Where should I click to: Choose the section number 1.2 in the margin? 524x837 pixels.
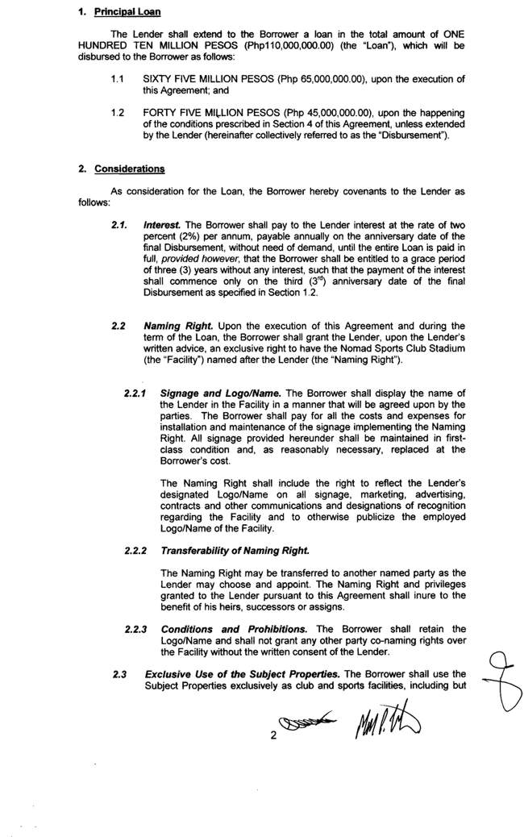(118, 111)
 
